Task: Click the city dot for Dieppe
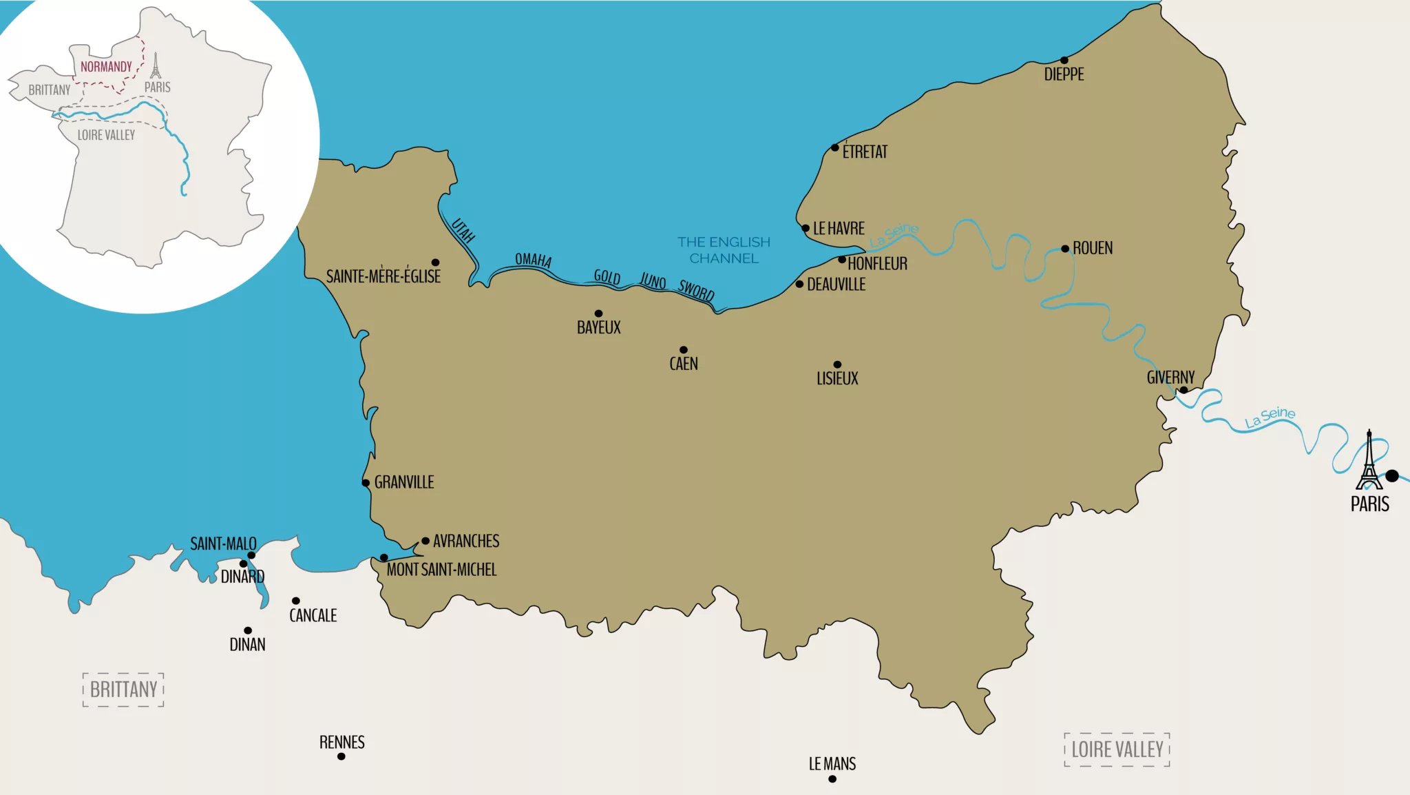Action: (x=1064, y=60)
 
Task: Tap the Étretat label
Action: (x=865, y=152)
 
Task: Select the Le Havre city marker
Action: (x=806, y=228)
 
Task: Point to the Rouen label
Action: (x=1092, y=248)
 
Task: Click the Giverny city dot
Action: (x=1183, y=390)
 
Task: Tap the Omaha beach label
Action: (x=533, y=260)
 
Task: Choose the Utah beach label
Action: (x=463, y=231)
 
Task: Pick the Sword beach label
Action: (x=696, y=290)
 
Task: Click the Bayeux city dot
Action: (x=598, y=313)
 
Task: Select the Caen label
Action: (x=684, y=364)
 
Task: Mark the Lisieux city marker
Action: (x=837, y=364)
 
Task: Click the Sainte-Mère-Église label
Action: (x=383, y=276)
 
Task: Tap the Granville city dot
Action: (x=366, y=483)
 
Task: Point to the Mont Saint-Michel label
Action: (x=441, y=570)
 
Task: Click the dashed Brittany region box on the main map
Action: (x=123, y=690)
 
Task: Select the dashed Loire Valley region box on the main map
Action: (x=1117, y=750)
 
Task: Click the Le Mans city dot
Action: (x=832, y=779)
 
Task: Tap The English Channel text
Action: (x=724, y=250)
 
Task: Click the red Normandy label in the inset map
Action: (x=106, y=67)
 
